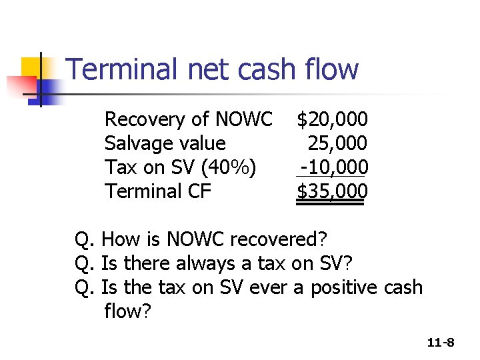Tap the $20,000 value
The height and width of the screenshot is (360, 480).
(x=332, y=120)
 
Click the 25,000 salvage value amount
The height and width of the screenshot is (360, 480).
(x=337, y=143)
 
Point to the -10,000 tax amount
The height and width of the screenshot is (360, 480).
(x=333, y=167)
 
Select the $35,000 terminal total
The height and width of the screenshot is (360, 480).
(x=332, y=191)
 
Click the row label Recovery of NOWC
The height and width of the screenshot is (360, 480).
(x=189, y=120)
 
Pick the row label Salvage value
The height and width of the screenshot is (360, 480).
(x=165, y=143)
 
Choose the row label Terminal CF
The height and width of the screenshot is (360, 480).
(x=158, y=191)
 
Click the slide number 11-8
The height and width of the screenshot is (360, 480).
(x=441, y=343)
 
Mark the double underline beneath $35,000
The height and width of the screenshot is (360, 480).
(x=331, y=205)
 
